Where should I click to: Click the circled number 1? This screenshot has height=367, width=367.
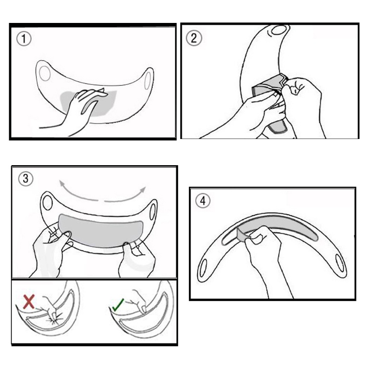(x=24, y=39)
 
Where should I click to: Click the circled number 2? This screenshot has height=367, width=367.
(x=194, y=38)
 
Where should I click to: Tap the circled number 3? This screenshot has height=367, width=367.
(x=26, y=179)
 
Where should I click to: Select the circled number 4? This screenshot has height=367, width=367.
(x=203, y=201)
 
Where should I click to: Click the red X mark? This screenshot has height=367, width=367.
(x=29, y=301)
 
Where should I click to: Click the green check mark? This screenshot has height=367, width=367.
(x=118, y=305)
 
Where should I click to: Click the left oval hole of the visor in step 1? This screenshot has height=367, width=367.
(x=44, y=73)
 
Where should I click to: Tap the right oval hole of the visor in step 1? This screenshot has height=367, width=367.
(x=148, y=81)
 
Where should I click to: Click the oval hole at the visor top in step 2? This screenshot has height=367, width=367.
(x=279, y=30)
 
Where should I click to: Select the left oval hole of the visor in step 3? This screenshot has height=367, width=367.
(x=48, y=203)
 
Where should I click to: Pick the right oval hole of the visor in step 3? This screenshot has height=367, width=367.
(x=152, y=212)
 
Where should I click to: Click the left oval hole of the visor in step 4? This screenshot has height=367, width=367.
(x=203, y=268)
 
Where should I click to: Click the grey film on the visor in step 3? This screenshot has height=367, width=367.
(x=100, y=231)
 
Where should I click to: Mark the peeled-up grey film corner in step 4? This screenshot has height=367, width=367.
(x=242, y=235)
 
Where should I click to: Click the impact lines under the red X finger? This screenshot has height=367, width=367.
(x=55, y=320)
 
